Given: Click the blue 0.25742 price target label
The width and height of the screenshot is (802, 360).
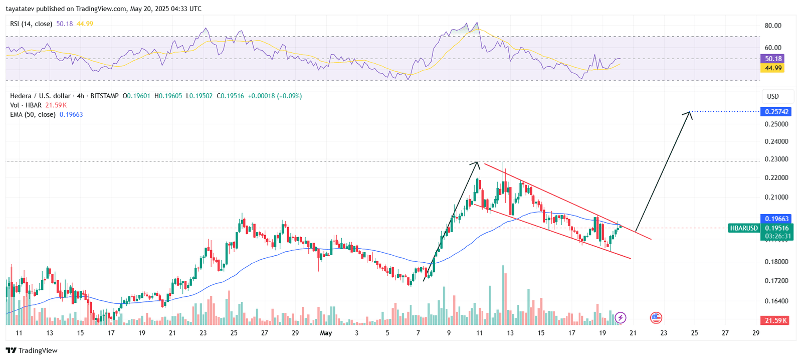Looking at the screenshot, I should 776,112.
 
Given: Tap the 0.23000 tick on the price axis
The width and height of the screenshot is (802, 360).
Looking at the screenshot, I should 776,159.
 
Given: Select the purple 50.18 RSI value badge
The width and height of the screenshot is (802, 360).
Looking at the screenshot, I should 773,59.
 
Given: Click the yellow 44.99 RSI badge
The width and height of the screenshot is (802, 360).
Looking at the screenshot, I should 773,68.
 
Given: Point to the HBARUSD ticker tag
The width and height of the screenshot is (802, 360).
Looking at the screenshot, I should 744,228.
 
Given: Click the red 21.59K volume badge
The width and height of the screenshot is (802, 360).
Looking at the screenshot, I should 775,320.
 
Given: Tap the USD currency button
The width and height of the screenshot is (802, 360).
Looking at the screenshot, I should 773,96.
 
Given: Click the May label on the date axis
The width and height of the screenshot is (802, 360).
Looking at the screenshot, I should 326,333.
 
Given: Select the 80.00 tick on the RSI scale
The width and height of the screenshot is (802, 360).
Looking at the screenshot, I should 772,26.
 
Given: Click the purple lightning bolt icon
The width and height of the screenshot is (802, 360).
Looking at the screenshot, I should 621,317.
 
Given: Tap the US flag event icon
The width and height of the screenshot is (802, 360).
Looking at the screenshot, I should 656,317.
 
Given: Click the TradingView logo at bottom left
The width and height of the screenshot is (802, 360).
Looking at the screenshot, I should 32,350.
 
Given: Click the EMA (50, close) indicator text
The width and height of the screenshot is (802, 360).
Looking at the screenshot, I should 33,115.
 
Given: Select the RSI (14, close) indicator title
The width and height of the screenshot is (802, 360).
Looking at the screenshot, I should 31,24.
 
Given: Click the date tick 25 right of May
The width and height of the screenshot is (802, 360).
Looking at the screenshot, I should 694,333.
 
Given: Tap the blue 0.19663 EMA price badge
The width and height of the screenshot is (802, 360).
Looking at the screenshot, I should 776,219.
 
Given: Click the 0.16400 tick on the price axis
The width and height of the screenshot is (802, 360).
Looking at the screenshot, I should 776,301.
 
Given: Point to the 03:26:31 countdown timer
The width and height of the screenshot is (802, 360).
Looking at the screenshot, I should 777,236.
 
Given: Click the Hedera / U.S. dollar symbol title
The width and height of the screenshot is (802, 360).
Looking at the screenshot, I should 40,96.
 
